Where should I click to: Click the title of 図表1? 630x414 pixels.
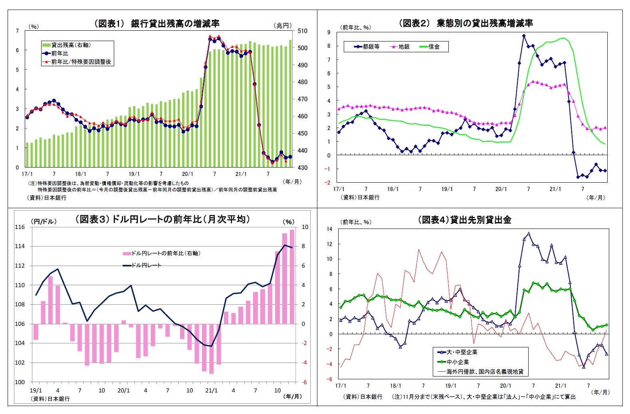point(157,24)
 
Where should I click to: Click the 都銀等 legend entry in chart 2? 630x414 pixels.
point(367,47)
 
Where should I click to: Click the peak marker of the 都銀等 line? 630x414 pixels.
point(524,36)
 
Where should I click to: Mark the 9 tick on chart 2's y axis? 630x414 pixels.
point(329,32)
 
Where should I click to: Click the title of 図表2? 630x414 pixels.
point(466,23)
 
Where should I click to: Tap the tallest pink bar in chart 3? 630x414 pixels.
point(292,276)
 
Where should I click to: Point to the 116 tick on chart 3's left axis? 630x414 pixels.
point(20,227)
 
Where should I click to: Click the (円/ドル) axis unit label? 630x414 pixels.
point(44,221)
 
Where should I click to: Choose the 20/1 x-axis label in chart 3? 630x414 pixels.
point(123,390)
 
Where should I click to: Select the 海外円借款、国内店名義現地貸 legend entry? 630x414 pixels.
point(481,372)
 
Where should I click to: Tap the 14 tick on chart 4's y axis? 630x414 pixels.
point(329,229)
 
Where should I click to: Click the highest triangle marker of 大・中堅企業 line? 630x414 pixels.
point(529,234)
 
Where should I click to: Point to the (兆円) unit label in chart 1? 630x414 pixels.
point(283,26)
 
